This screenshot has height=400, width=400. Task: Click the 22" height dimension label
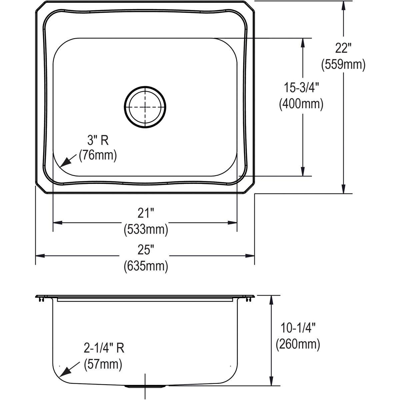tap(343, 49)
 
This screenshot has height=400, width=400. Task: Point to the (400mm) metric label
tap(301, 104)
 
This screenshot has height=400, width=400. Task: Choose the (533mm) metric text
tap(145, 229)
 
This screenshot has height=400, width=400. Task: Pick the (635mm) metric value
tap(145, 266)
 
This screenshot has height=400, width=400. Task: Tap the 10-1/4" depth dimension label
tap(298, 329)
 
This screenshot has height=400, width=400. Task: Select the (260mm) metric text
tap(298, 344)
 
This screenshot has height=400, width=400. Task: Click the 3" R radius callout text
tap(98, 141)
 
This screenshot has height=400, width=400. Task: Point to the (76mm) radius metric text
tap(98, 156)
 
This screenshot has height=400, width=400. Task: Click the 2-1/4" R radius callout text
tap(104, 348)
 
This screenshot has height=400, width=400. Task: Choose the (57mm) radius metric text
tap(103, 364)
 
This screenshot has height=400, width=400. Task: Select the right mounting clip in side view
tap(248, 300)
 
